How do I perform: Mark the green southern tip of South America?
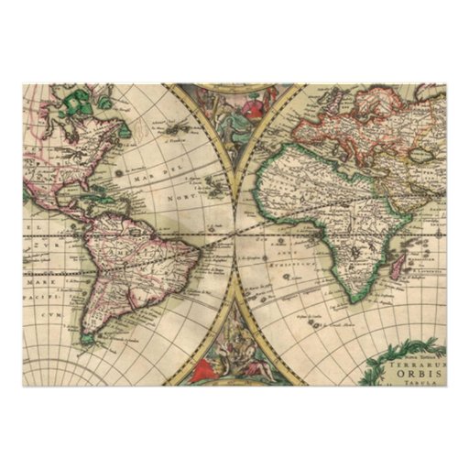coord(89,339)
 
